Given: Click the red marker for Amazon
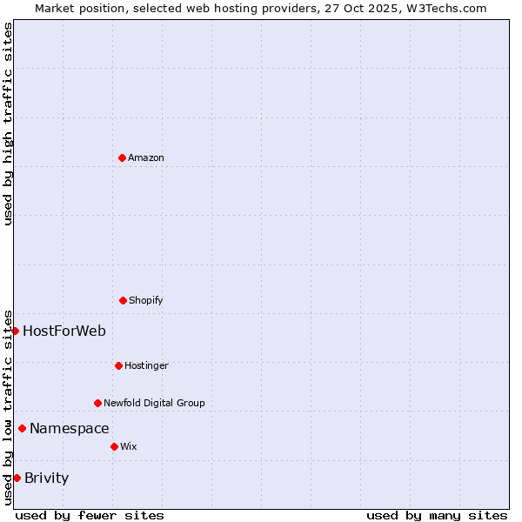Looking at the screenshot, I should [x=122, y=157].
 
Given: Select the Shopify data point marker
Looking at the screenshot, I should [x=123, y=300].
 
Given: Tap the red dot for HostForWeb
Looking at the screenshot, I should [x=15, y=331].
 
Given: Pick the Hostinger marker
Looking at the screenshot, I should [x=118, y=365].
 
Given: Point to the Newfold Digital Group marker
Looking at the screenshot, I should [x=97, y=403].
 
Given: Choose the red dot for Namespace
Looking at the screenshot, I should [x=22, y=428].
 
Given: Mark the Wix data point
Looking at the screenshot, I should [x=114, y=446].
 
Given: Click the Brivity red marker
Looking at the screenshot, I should [x=17, y=478].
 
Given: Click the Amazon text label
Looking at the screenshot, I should [x=146, y=157].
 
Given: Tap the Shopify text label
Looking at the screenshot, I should [x=146, y=300].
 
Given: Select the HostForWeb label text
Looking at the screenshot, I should [x=64, y=331].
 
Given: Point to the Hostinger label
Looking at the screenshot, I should [x=146, y=365].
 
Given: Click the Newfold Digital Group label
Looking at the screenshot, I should [x=154, y=403].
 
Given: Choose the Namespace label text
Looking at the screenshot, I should [x=70, y=428].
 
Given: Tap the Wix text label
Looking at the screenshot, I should [x=129, y=446].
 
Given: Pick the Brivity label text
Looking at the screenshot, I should [x=47, y=478].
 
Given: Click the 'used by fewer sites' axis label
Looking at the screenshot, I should [x=90, y=515].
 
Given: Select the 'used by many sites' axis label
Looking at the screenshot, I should [x=437, y=515].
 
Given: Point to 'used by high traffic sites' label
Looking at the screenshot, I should [x=9, y=124].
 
